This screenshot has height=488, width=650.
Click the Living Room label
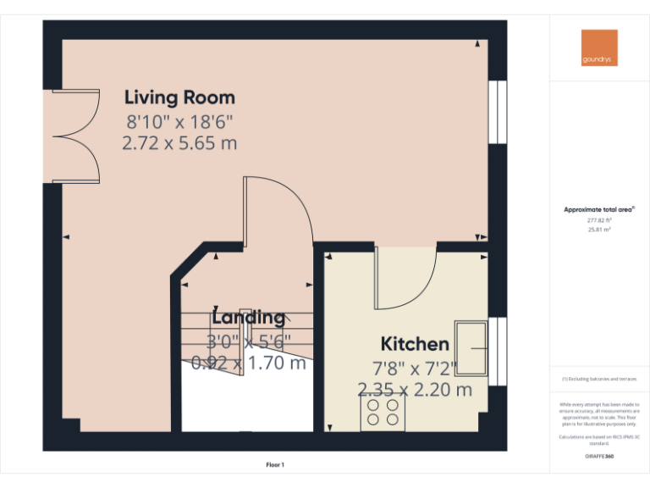[179, 97]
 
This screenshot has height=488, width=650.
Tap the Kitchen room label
[415, 344]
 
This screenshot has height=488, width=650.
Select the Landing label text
[248, 318]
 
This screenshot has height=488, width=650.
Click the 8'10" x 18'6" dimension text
[179, 121]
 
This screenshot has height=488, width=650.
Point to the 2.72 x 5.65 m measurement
[179, 142]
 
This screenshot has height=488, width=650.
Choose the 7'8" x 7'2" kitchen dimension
[415, 368]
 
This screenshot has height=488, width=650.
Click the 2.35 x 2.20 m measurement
[415, 390]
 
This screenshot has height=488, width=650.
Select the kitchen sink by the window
[471, 347]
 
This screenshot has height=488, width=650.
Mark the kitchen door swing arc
[405, 280]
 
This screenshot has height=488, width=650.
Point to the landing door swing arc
[279, 212]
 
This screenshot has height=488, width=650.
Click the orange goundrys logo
[599, 48]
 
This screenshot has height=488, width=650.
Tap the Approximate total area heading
[599, 209]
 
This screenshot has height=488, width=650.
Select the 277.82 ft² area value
[599, 220]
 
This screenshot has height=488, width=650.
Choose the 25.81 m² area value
[599, 230]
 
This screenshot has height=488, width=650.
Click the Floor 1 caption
[275, 464]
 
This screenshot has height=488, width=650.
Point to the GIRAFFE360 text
[599, 456]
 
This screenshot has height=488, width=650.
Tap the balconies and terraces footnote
[599, 380]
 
